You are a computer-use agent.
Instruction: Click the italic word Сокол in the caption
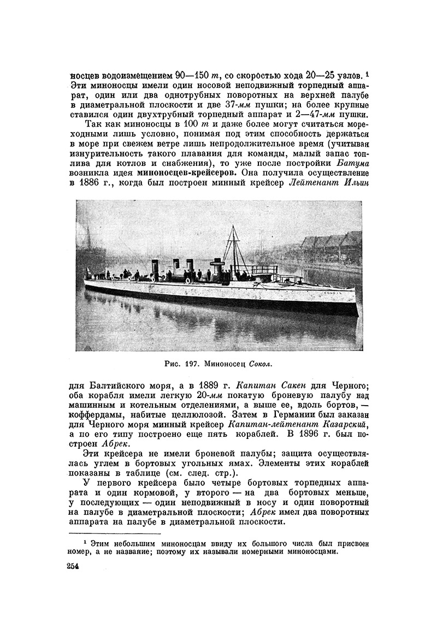[260, 362]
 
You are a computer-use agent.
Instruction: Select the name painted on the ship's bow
[344, 293]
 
